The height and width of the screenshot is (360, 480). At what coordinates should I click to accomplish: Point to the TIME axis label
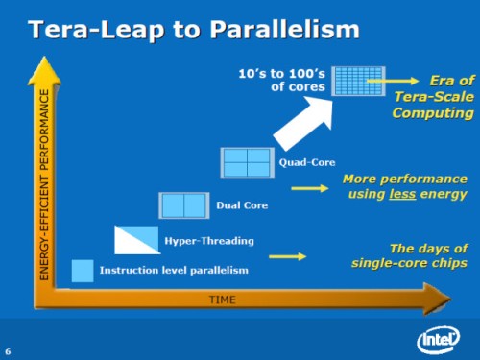point(223,300)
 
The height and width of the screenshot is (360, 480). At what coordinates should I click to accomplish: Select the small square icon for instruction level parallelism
point(83,270)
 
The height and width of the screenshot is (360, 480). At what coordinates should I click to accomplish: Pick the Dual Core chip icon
point(182,205)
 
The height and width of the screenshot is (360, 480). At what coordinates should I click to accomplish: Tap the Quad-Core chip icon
point(246,163)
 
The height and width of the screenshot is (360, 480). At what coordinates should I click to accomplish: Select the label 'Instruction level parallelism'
point(174,271)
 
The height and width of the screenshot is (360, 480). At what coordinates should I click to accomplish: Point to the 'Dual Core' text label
point(242,205)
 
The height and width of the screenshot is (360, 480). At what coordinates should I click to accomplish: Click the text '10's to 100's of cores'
point(281,80)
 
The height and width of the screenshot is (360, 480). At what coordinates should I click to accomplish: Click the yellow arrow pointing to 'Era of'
point(409,83)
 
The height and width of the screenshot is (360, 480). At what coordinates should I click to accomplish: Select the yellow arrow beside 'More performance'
point(310,188)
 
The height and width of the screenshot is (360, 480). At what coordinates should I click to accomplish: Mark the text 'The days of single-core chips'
point(415,255)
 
